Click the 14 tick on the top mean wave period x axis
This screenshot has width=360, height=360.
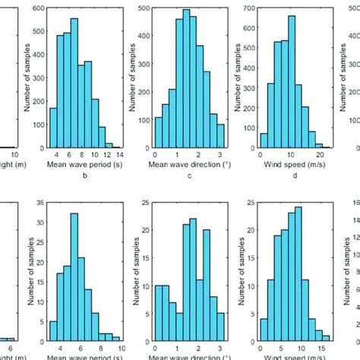pyautogui.click(x=119, y=152)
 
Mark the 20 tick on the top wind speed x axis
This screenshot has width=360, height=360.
pyautogui.click(x=319, y=152)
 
